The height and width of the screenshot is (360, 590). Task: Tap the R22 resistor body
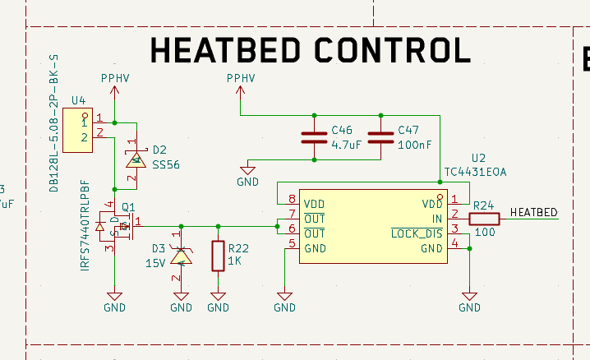click(x=218, y=256)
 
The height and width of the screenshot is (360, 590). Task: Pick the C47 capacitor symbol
click(x=380, y=138)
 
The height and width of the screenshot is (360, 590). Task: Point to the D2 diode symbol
click(x=134, y=159)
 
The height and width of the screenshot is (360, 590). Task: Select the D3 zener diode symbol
click(x=182, y=256)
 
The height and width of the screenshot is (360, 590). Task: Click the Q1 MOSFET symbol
click(x=115, y=224)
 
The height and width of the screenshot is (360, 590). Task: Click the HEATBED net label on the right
click(x=533, y=213)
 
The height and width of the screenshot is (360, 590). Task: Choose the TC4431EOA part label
click(x=475, y=173)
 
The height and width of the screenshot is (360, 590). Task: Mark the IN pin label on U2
click(x=436, y=219)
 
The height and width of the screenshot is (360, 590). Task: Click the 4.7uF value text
click(x=346, y=144)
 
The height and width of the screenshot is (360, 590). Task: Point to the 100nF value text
click(x=413, y=144)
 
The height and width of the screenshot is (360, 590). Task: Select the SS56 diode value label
click(x=166, y=164)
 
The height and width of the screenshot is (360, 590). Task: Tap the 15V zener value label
click(x=156, y=263)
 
